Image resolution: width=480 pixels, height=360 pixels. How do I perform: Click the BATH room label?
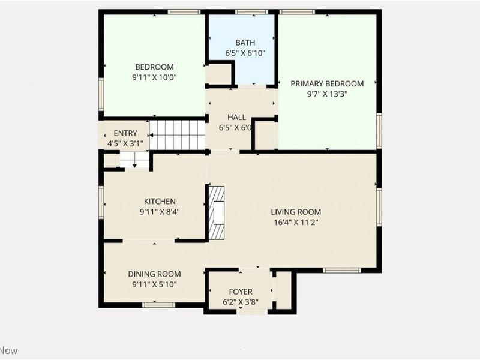(x=245, y=43)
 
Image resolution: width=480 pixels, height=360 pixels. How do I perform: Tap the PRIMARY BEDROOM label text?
(x=327, y=83)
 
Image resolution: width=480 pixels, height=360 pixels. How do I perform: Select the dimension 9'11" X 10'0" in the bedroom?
(x=154, y=77)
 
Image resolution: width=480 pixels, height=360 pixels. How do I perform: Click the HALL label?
(x=236, y=117)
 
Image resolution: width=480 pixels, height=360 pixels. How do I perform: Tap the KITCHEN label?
(x=159, y=201)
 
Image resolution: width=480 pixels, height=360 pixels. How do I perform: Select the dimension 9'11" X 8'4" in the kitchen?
(x=159, y=211)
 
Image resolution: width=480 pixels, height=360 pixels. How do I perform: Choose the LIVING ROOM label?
(x=296, y=211)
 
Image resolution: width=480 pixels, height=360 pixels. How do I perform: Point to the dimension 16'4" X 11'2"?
(x=296, y=222)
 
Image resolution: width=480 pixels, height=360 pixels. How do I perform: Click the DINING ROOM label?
(x=154, y=274)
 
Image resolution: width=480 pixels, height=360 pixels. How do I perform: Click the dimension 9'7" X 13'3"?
(x=327, y=94)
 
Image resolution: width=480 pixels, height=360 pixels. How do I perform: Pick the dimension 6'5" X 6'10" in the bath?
(x=245, y=53)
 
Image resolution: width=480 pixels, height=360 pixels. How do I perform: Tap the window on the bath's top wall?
(x=251, y=11)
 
